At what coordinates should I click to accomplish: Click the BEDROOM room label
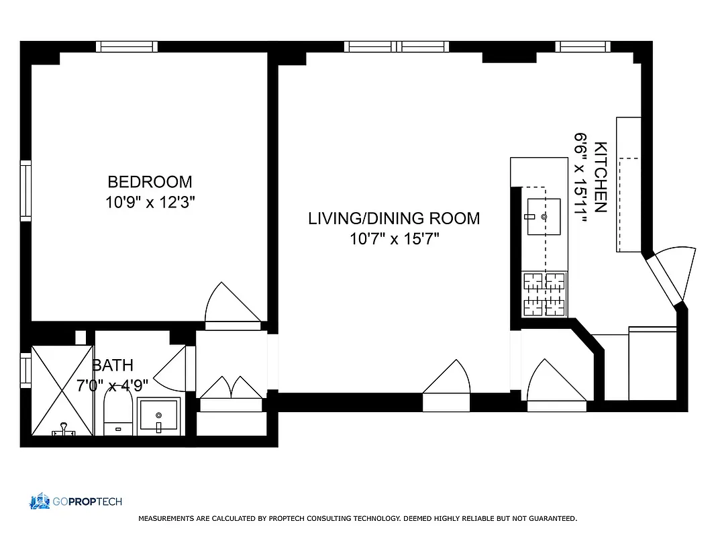point(150,182)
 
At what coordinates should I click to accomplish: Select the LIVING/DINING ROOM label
point(394,218)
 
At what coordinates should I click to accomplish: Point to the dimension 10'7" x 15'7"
point(394,238)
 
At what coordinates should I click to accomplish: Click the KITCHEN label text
point(601,177)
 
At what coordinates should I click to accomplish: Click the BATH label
point(113,366)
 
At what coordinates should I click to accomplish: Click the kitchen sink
point(544,217)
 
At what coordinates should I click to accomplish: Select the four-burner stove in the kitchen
point(544,294)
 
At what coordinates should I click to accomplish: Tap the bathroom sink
point(158,417)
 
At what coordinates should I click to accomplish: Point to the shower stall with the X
point(62,391)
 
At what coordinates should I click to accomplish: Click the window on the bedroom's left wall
point(25,191)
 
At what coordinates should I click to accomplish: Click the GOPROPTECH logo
point(75,501)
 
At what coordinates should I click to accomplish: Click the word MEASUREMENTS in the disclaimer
point(167,519)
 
